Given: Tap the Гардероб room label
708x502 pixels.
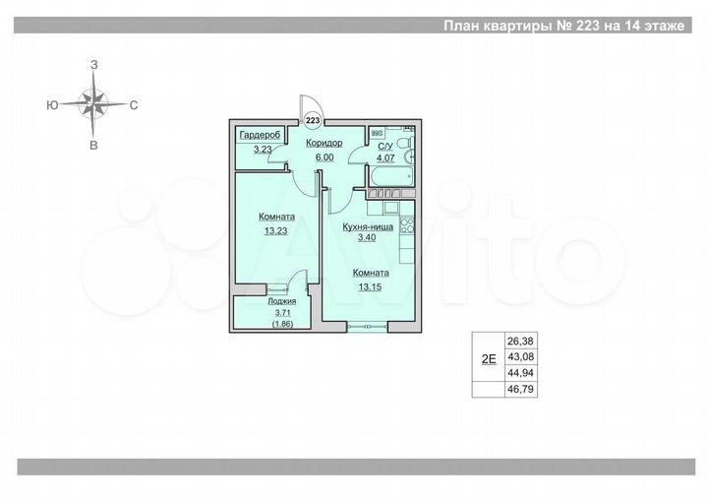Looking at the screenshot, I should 260,135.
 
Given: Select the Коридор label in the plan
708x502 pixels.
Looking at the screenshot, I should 324,144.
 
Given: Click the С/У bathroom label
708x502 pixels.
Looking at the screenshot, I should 385,146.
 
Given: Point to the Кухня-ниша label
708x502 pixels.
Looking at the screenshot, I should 368,225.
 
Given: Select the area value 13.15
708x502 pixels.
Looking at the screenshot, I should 368,287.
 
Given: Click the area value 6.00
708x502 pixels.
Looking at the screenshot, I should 324,156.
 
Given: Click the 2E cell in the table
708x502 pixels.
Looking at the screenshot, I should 487,359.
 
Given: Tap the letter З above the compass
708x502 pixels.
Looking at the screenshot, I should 93,64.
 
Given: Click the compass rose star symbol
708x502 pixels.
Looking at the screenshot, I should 93,102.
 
